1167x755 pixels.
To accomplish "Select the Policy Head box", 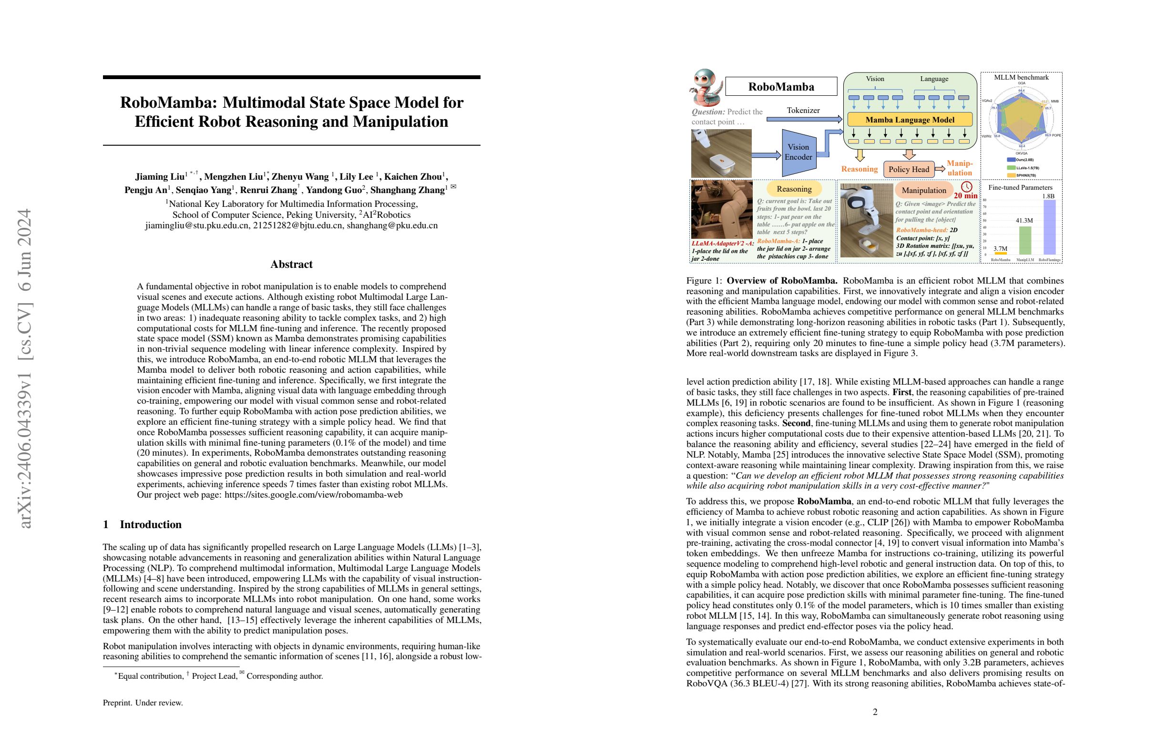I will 909,169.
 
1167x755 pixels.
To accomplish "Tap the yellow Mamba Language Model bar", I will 910,120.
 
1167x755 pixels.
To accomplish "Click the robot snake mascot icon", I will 706,87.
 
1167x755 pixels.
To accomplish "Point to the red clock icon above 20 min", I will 966,187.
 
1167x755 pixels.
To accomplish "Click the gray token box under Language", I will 963,98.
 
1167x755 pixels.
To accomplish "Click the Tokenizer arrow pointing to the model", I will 804,119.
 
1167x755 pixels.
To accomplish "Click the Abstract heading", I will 291,264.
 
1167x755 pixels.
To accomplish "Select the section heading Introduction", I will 151,525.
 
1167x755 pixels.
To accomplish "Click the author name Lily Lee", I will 356,177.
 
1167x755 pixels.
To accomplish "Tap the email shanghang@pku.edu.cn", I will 392,225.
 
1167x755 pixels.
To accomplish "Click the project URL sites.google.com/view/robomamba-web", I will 313,495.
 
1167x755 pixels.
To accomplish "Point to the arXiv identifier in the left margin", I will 25,367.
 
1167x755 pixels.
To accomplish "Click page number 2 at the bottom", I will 875,712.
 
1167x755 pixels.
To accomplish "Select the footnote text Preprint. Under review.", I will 143,703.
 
